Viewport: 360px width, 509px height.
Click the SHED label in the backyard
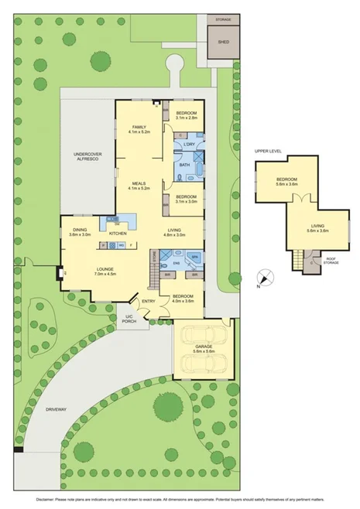point(223,43)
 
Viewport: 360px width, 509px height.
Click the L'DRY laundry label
point(189,145)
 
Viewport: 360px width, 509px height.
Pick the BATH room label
point(184,166)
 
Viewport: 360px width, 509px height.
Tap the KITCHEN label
point(118,233)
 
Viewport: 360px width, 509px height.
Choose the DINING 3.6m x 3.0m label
point(81,232)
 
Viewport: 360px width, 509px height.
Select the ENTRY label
point(149,301)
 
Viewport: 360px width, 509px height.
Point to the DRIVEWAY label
point(56,408)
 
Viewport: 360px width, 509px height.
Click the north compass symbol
point(265,275)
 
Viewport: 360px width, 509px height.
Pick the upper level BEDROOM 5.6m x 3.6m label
point(276,183)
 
